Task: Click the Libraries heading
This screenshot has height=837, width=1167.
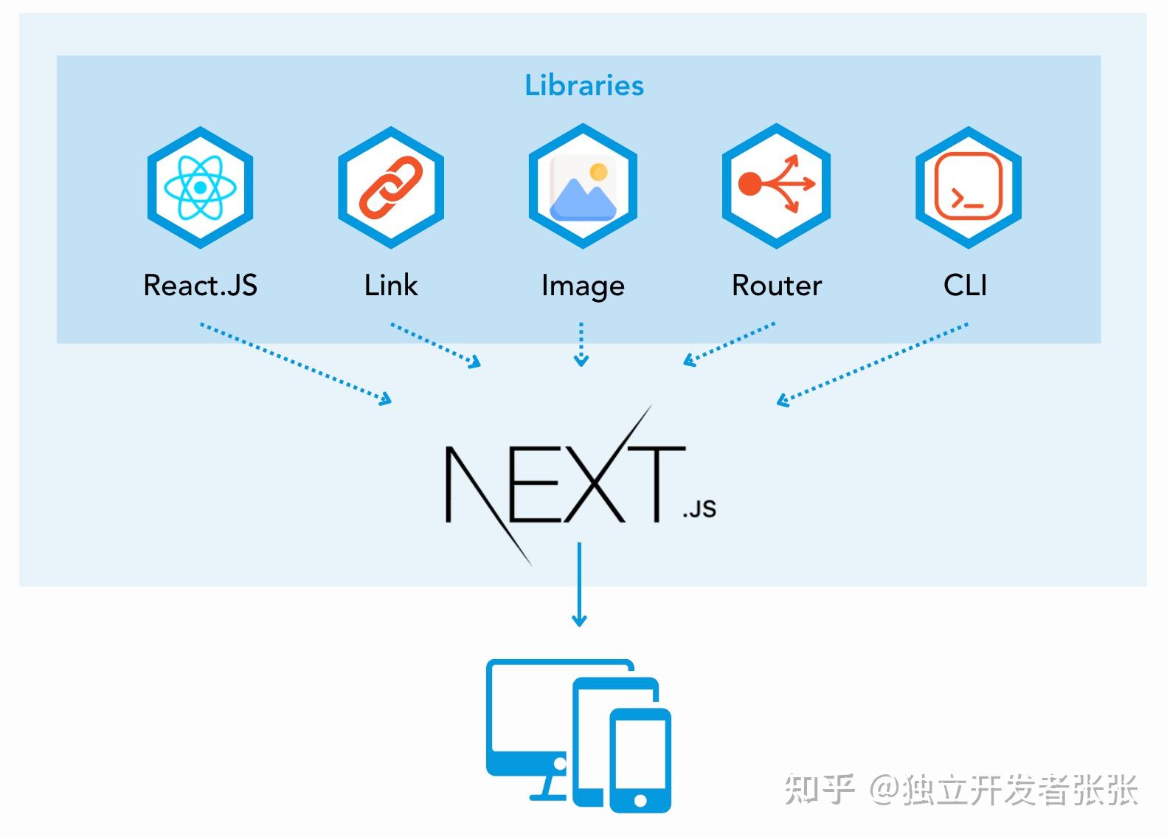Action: (x=583, y=86)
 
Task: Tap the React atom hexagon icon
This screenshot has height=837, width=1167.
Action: (x=200, y=187)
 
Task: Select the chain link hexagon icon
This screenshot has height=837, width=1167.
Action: (x=390, y=187)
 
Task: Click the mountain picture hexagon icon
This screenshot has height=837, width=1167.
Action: (x=583, y=187)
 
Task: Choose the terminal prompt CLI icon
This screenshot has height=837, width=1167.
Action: (x=968, y=187)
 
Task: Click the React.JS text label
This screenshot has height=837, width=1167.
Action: (x=200, y=286)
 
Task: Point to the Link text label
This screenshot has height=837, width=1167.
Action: (x=390, y=286)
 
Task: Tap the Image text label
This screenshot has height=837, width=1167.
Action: (x=583, y=286)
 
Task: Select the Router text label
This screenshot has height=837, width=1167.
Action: (x=776, y=286)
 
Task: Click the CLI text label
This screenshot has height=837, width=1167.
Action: (x=965, y=286)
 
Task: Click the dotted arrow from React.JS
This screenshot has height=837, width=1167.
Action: (x=295, y=362)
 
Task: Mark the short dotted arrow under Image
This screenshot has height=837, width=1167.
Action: (x=581, y=344)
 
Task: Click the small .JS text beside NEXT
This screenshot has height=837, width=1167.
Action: (x=699, y=509)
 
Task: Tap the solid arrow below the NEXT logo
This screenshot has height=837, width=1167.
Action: (x=579, y=584)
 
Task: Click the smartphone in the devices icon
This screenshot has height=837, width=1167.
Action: (x=640, y=760)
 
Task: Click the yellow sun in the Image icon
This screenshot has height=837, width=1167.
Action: (x=598, y=172)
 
